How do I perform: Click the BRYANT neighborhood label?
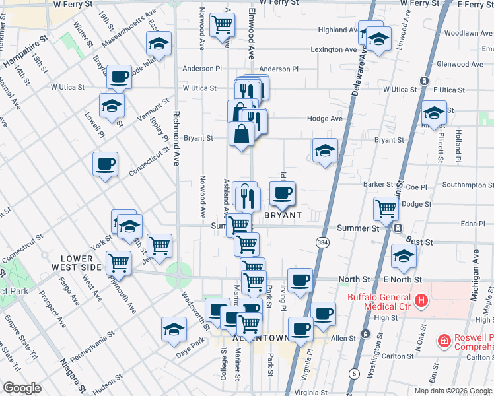coord(283,215)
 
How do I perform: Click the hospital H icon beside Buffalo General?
coord(421,303)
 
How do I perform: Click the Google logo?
coord(22,388)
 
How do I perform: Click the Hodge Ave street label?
coord(324,119)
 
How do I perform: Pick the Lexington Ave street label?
coord(334,49)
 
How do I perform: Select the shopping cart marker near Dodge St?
coord(386,208)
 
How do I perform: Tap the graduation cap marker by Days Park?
coord(174,329)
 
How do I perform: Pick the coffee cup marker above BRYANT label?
coord(283,193)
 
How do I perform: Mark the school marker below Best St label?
coord(403,256)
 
